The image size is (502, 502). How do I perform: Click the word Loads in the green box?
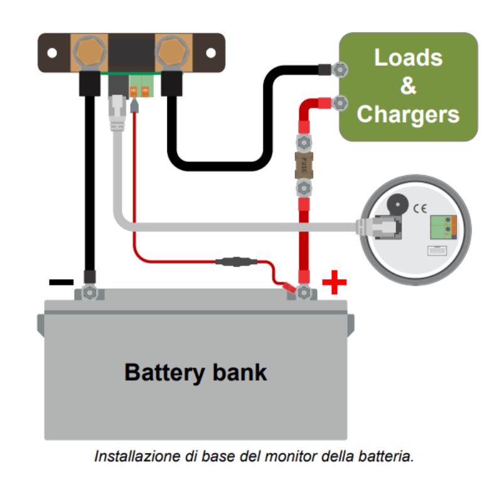(x=408, y=57)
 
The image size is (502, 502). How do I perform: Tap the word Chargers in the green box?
(x=408, y=114)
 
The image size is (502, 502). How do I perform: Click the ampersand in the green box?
(x=408, y=86)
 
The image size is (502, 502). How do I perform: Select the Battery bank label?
(x=196, y=372)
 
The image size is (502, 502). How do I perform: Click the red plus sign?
(x=334, y=284)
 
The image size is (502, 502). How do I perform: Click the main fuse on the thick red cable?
(x=304, y=166)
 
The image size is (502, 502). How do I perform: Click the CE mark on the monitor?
(x=422, y=205)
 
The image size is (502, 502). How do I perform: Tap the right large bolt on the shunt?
(x=170, y=51)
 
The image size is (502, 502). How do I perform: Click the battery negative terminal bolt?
(x=89, y=292)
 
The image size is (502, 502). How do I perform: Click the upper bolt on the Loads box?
(x=339, y=69)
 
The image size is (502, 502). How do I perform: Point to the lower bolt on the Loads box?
(x=339, y=102)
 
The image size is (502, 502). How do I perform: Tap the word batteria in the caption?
(x=390, y=456)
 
